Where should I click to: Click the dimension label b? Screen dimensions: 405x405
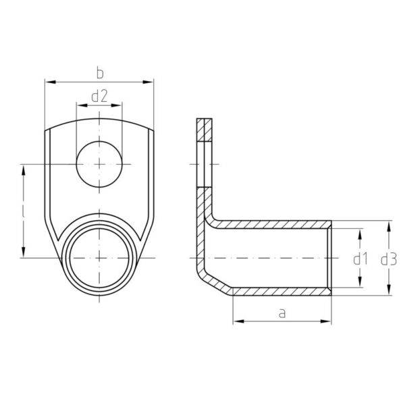coord(100,73)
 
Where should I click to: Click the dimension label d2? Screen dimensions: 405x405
coord(99,97)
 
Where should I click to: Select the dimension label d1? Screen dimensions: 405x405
coord(360,259)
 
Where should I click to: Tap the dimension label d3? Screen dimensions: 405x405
coord(389,259)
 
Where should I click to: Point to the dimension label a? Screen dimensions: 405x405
coord(282,313)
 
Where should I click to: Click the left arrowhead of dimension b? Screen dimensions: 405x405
coord(51,82)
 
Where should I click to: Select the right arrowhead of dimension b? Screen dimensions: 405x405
coord(148,82)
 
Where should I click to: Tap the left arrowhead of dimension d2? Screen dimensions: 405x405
coord(82,105)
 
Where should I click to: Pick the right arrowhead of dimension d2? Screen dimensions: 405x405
coord(117,105)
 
